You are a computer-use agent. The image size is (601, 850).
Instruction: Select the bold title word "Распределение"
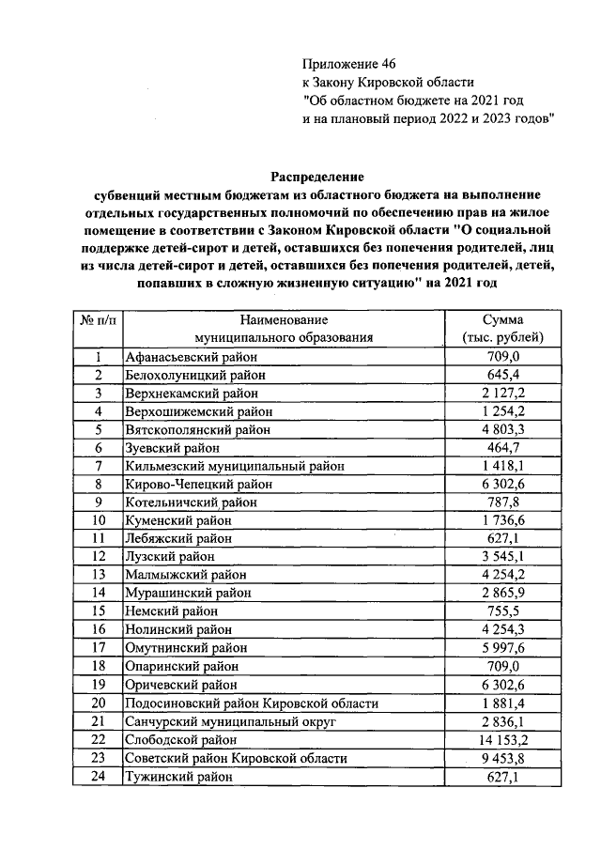point(317,177)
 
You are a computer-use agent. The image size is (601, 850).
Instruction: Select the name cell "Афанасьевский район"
point(190,357)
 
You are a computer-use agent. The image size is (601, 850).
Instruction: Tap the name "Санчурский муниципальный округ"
point(230,721)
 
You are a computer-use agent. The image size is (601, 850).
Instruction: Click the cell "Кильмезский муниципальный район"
point(235,466)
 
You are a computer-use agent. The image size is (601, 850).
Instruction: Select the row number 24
point(99,777)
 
